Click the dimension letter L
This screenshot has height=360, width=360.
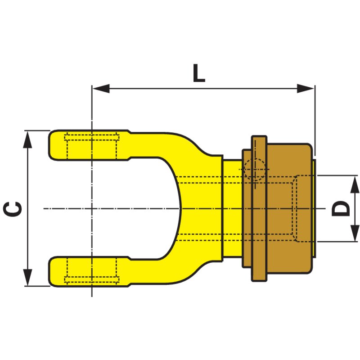199,73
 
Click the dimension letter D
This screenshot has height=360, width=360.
341,208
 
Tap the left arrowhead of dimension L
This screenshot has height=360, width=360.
101,88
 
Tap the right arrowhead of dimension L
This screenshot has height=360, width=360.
306,88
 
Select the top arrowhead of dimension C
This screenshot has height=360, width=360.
28,140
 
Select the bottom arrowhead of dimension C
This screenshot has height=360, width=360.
28,277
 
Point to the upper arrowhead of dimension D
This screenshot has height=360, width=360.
355,184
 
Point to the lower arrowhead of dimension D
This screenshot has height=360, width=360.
355,233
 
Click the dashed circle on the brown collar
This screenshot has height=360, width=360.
255,170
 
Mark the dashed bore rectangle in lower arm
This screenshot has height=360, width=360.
92,271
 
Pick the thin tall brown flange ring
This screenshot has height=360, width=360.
259,208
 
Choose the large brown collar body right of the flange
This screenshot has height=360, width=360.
290,208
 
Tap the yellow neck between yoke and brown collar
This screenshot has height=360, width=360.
233,208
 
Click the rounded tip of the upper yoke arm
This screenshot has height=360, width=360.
52,145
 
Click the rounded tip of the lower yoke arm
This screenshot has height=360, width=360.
52,272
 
